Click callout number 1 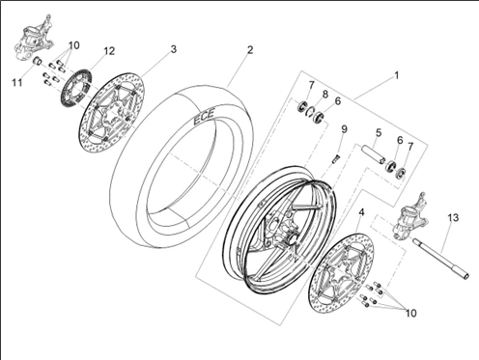pyautogui.click(x=395, y=74)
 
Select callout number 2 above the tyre pyautogui.click(x=249, y=49)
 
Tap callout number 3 pyautogui.click(x=173, y=48)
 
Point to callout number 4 pyautogui.click(x=361, y=211)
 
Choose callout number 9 pyautogui.click(x=344, y=129)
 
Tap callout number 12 pyautogui.click(x=108, y=51)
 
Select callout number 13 pyautogui.click(x=452, y=220)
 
